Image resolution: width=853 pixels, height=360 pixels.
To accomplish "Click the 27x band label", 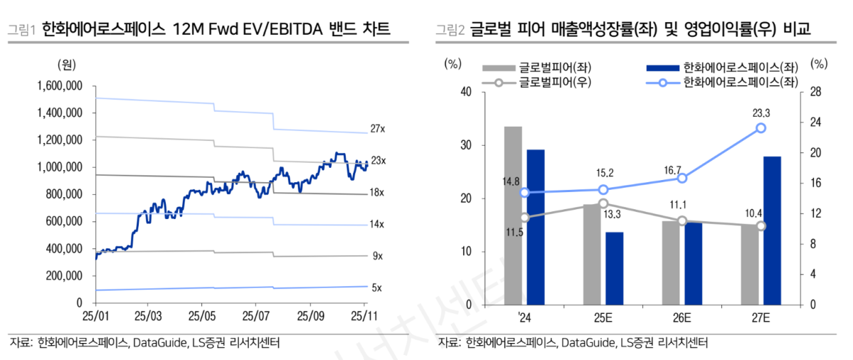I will pos(378,129).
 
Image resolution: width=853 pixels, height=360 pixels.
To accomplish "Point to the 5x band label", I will pos(377,287).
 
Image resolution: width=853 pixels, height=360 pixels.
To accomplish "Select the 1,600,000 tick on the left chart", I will pos(60,86).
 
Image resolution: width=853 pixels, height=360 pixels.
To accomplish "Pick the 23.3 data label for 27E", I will pos(761,112).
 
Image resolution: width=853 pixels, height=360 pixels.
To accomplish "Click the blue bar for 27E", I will pos(772,230).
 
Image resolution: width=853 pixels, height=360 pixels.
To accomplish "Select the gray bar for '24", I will pos(513,216).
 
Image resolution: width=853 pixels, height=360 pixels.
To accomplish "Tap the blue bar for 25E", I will pos(615,268).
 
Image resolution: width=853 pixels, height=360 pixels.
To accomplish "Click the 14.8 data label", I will pos(511,181).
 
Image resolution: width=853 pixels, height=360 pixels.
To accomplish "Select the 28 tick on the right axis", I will pos(815,92).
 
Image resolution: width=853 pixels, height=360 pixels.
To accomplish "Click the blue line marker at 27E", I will pos(761,127).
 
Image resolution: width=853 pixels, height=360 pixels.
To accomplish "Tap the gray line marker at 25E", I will pos(603,203).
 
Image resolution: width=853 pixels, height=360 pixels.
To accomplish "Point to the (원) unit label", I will pos(66,64).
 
